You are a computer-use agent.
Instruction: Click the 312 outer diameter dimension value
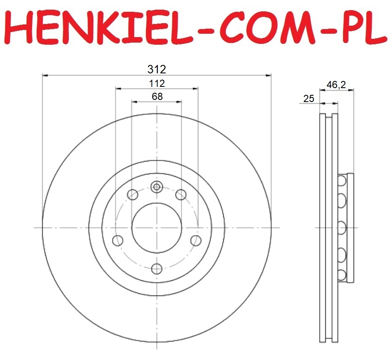[157, 69]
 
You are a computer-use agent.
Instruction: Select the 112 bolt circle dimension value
[157, 83]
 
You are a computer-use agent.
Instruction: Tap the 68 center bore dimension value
[157, 97]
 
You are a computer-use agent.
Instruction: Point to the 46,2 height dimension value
[336, 85]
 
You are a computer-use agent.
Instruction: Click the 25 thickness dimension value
[308, 99]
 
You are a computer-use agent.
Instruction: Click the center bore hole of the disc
[157, 228]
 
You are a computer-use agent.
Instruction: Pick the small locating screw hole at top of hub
[157, 187]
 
